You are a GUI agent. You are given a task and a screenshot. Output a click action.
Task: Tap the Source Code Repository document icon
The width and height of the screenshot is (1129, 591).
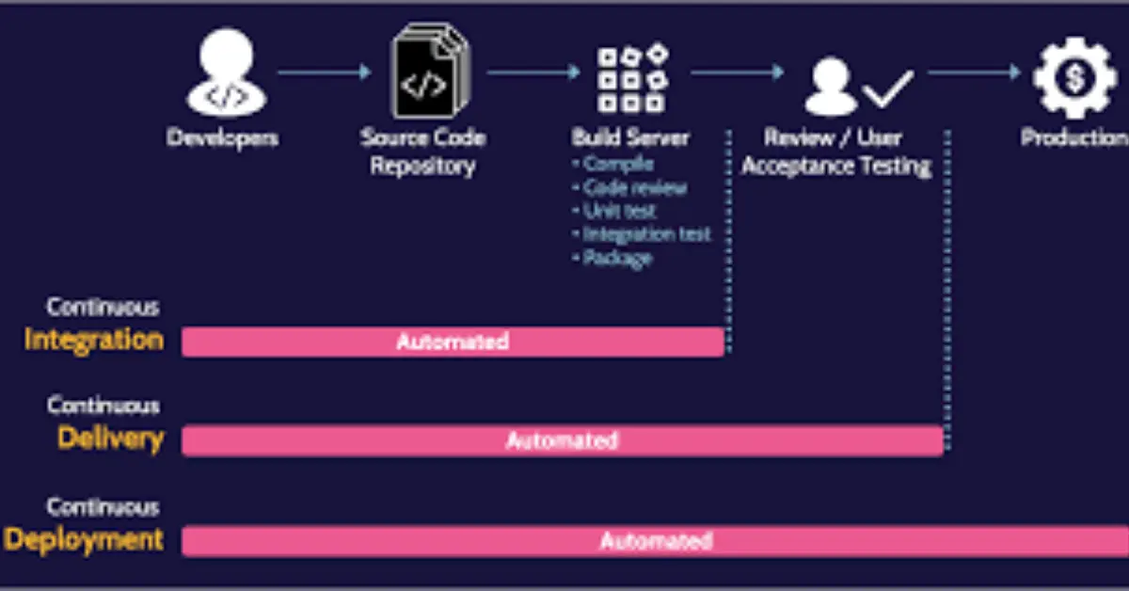pyautogui.click(x=428, y=74)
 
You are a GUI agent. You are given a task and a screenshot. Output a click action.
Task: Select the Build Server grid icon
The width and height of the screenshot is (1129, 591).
pyautogui.click(x=631, y=77)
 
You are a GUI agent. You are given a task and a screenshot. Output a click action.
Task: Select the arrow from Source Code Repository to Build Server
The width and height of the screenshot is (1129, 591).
pyautogui.click(x=533, y=72)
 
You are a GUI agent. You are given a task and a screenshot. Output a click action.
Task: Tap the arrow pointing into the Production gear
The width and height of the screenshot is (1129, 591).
pyautogui.click(x=973, y=72)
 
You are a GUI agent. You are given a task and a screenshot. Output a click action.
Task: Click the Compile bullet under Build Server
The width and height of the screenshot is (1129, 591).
pyautogui.click(x=617, y=164)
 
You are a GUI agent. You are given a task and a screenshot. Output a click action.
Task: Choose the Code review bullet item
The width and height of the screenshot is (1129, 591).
pyautogui.click(x=634, y=187)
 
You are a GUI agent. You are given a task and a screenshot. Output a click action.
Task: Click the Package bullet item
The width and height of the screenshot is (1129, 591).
pyautogui.click(x=617, y=258)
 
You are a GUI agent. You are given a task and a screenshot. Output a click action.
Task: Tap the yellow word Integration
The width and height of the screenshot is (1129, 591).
pyautogui.click(x=93, y=340)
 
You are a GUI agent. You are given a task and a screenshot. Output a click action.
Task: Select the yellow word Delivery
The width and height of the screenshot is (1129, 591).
pyautogui.click(x=110, y=439)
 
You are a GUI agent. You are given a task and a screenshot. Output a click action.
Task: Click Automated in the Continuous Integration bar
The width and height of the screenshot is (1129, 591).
pyautogui.click(x=453, y=342)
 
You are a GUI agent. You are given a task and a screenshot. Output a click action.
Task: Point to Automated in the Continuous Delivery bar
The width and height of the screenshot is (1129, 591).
pyautogui.click(x=562, y=440)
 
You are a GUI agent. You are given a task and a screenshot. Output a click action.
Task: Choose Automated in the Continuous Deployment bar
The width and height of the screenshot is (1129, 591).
pyautogui.click(x=656, y=541)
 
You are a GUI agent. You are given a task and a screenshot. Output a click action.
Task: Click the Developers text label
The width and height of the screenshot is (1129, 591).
pyautogui.click(x=223, y=138)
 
